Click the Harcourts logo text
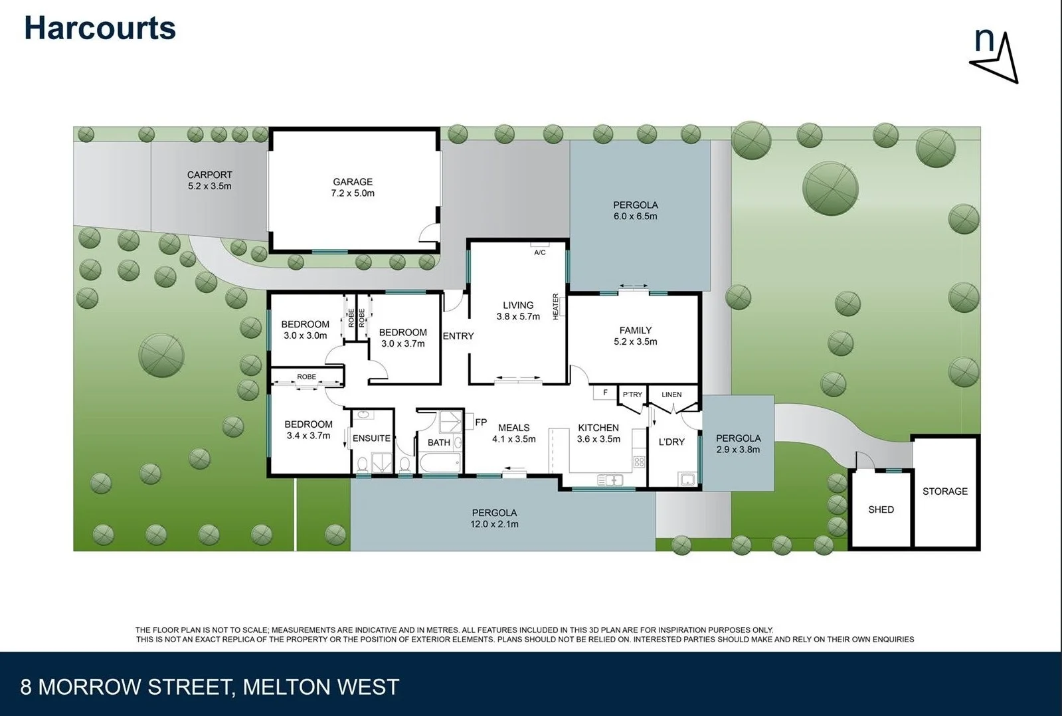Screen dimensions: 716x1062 pos(100,29)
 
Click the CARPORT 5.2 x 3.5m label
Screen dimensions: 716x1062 pos(209,181)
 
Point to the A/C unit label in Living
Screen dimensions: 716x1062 pos(539,252)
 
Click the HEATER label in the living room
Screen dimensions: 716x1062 pos(556,307)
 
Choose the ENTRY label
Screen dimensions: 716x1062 pos(458,336)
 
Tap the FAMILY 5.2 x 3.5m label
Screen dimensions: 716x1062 pos(636,336)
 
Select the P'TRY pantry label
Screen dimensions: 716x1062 pos(632,395)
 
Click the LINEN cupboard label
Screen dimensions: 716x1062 pos(671,395)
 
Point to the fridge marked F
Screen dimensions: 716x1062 pos(605,393)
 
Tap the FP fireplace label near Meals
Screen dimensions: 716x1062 pos(481,422)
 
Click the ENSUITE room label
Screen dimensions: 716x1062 pos(371,438)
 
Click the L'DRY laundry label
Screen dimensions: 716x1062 pos(671,442)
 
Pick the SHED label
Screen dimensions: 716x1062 pos(881,509)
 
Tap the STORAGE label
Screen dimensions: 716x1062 pos(944,492)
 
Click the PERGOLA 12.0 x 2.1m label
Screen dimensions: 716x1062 pos(495,518)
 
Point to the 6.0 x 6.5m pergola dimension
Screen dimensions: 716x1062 pos(636,217)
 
